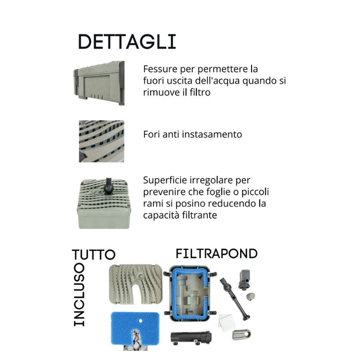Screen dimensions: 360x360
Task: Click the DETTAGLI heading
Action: click(127, 42)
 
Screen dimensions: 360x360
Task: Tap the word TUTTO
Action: click(94, 255)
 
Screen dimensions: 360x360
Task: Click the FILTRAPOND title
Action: click(217, 254)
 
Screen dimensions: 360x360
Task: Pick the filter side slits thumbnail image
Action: click(101, 83)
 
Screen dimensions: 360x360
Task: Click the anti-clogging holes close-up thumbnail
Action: click(101, 141)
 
